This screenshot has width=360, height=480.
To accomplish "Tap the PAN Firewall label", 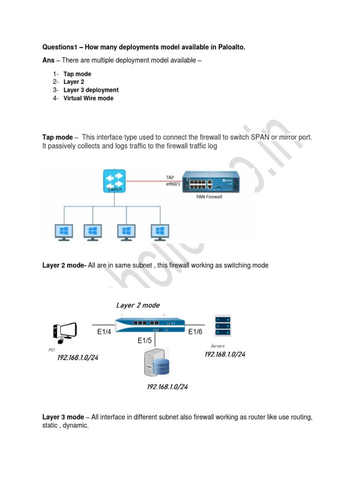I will click(x=209, y=197).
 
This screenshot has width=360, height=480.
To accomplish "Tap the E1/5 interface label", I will click(x=144, y=341).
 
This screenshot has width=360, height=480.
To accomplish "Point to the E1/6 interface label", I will click(x=195, y=332).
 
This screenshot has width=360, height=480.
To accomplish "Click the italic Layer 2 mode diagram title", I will click(x=138, y=305).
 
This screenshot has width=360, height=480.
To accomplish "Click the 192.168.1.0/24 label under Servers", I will click(x=225, y=354).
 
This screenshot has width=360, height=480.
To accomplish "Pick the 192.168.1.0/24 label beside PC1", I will click(x=78, y=358).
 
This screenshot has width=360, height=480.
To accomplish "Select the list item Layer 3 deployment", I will click(x=91, y=90).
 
